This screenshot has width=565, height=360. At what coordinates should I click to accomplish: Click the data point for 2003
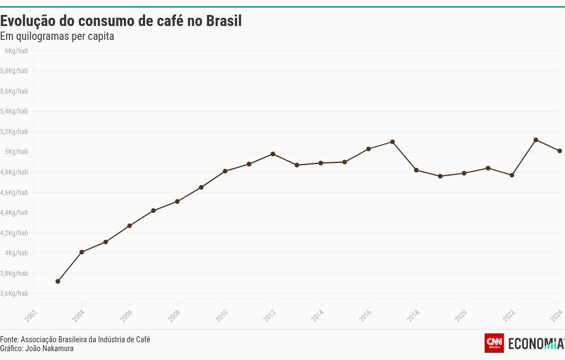(58, 281)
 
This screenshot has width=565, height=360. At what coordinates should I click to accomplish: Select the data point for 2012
(273, 154)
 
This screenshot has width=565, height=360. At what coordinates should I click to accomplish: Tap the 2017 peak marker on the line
(392, 142)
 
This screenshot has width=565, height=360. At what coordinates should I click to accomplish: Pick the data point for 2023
(536, 140)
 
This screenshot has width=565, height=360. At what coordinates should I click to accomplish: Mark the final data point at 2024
(559, 151)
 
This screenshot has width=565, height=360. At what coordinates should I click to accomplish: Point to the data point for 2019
(440, 176)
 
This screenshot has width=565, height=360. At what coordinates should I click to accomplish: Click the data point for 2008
(177, 202)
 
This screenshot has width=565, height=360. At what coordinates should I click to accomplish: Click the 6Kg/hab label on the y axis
(16, 51)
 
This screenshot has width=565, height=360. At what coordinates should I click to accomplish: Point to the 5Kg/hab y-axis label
(16, 152)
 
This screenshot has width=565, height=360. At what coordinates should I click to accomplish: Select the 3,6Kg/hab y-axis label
(14, 294)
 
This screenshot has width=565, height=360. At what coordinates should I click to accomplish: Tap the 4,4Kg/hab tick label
(14, 213)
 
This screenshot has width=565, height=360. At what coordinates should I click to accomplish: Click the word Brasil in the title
(224, 22)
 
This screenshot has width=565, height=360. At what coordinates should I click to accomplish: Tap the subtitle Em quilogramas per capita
(57, 37)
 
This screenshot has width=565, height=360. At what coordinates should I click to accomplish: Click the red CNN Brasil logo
(494, 343)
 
